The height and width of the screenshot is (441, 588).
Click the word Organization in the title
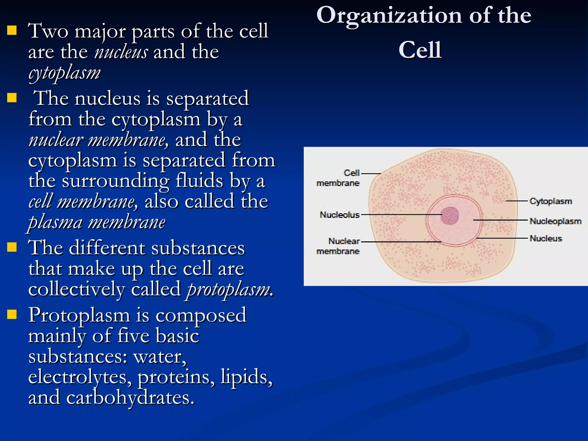[x=389, y=16]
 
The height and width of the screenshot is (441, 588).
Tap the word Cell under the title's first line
[x=420, y=50]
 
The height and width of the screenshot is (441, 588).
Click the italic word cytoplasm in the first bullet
[x=65, y=73]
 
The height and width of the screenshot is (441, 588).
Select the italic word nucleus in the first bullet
[x=121, y=52]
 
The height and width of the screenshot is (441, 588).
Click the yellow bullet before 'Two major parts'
[x=12, y=30]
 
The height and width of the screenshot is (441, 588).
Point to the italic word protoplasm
[x=229, y=289]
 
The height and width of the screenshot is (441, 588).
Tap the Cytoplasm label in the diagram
[x=551, y=201]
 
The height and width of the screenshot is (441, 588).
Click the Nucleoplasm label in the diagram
[x=555, y=221]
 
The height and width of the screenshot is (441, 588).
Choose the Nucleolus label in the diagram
[x=339, y=214]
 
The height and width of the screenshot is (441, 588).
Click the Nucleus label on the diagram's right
[x=546, y=238]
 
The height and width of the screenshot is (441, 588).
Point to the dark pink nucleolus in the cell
[x=450, y=215]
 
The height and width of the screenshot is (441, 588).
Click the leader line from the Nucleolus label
[x=402, y=214]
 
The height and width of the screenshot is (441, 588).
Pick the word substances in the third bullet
[x=198, y=248]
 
